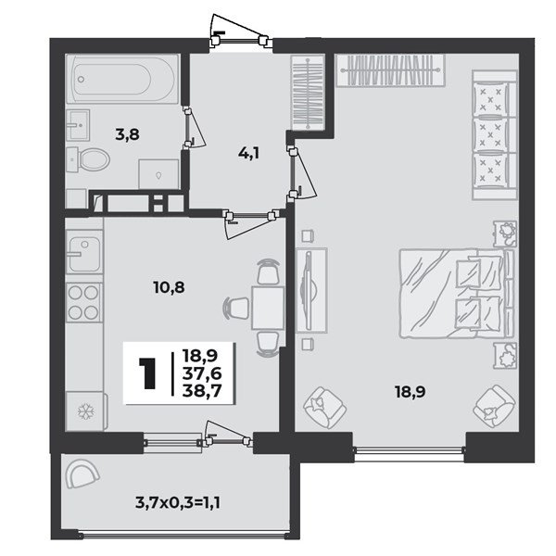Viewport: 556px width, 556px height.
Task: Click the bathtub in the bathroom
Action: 122,79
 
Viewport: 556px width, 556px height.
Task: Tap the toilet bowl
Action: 89,159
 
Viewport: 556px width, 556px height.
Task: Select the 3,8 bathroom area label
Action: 127,135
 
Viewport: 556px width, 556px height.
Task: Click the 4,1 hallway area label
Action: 247,154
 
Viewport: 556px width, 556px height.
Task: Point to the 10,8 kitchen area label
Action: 170,287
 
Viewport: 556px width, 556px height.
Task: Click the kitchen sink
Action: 84,252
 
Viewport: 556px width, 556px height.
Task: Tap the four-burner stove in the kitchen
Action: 84,302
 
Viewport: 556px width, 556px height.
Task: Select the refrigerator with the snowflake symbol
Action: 86,411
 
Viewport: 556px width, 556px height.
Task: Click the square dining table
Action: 268,309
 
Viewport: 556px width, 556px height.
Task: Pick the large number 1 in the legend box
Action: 147,373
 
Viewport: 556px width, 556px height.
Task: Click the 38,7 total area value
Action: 202,391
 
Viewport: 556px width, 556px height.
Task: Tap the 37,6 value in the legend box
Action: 202,373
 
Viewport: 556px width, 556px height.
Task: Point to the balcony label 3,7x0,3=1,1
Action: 178,502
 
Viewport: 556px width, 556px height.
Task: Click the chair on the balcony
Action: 82,474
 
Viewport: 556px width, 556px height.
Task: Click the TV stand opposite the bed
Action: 311,290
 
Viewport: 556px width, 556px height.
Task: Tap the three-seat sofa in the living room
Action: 494,134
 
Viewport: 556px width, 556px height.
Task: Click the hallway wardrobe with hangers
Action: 308,92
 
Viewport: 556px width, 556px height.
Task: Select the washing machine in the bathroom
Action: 158,174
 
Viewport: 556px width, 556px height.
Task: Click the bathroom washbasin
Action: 78,124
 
